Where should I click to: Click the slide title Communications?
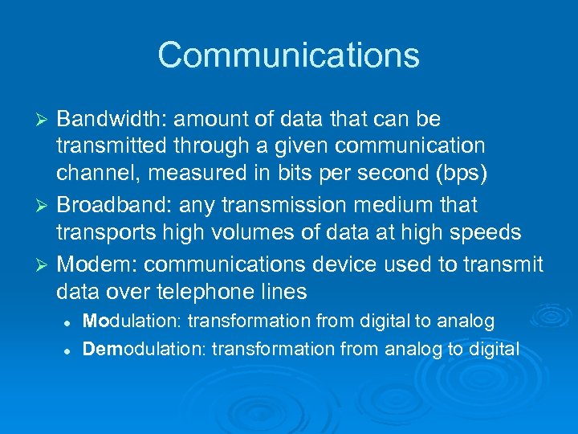288,55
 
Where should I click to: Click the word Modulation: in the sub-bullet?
132,321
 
